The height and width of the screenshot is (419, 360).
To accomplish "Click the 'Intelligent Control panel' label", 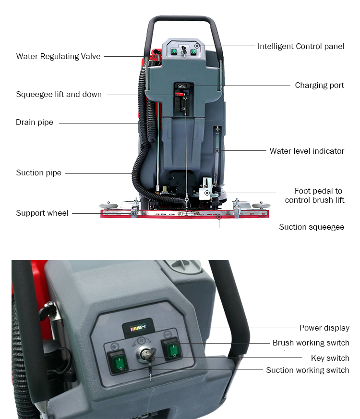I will [x=301, y=47].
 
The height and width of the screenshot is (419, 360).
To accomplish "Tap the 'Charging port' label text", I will [x=319, y=86].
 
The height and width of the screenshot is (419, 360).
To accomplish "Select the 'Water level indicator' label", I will [x=307, y=151].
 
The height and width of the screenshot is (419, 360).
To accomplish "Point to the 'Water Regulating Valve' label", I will [x=58, y=56].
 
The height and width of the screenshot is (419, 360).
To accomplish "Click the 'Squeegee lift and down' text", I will [x=59, y=95].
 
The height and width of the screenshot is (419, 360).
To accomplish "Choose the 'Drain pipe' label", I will [x=35, y=123].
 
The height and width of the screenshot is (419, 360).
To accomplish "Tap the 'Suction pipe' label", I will [x=38, y=173].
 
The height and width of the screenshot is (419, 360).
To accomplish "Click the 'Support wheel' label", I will [x=42, y=213].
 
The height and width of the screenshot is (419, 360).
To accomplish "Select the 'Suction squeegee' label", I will [x=312, y=227].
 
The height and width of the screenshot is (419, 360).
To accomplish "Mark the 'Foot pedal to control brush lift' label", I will [x=315, y=196].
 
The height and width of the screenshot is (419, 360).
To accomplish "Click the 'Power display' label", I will [x=324, y=328].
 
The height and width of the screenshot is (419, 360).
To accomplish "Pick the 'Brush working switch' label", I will [x=311, y=343].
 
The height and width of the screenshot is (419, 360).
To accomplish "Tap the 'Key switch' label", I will [x=330, y=358].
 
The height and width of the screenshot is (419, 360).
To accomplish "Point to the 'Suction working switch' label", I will [x=307, y=370].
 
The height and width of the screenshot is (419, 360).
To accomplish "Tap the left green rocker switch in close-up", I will [x=117, y=361].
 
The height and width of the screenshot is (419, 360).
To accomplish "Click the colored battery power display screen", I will [x=138, y=328].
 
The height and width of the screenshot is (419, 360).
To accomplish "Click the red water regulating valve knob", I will [x=154, y=57].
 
